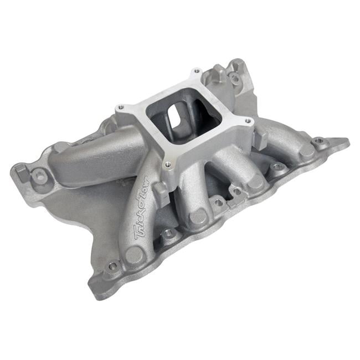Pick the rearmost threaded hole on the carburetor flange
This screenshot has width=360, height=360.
tap(196, 72)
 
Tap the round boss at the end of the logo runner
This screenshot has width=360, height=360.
tap(134, 255)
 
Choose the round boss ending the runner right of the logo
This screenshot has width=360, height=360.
tap(199, 217)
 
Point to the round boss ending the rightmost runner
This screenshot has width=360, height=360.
tap(306, 151)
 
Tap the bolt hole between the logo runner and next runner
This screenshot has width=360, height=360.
tap(169, 234)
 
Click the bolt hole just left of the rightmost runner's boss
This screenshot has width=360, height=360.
tap(277, 167)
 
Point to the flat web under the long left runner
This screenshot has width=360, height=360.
tap(83, 205)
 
